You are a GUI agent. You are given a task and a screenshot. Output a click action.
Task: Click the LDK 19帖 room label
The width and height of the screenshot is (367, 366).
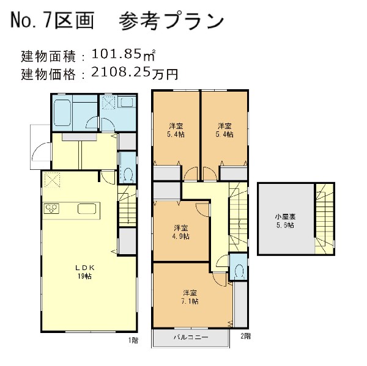[x=83, y=271]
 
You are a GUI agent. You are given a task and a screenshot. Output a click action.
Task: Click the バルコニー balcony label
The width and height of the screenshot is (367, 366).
[x=191, y=337]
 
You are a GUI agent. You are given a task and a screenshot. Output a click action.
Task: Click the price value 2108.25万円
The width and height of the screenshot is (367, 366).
[x=135, y=74]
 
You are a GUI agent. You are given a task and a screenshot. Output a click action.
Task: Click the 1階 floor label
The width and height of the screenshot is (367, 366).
[x=133, y=339]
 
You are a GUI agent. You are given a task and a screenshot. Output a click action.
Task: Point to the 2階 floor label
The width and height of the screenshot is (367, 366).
[x=245, y=336]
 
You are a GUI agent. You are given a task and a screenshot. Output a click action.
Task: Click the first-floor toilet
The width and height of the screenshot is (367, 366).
[x=127, y=173]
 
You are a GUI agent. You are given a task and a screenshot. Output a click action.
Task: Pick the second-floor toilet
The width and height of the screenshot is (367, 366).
[x=239, y=271]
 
